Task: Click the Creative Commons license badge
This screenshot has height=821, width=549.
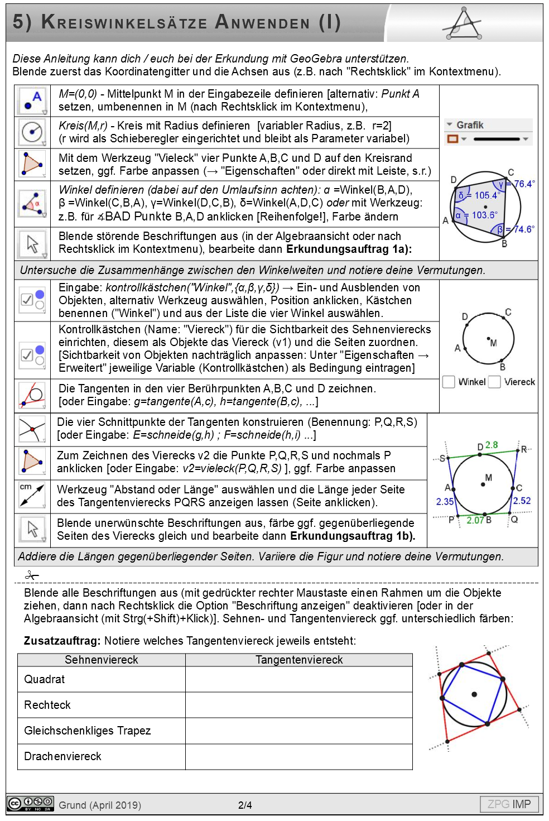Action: point(31,804)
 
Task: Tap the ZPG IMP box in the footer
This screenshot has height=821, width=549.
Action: point(509,804)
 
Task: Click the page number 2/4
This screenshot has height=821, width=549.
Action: point(245,805)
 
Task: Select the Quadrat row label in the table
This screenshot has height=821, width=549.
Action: point(45,679)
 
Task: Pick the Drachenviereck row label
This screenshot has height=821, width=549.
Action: point(62,756)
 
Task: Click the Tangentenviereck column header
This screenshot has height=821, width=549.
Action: point(299,660)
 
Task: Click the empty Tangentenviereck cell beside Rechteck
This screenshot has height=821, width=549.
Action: point(299,705)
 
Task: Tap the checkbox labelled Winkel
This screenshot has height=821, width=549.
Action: point(449,382)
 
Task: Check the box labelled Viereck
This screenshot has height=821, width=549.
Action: point(494,382)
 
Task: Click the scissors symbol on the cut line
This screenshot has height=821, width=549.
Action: point(32,575)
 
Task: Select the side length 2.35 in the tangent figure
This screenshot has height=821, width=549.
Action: point(445,502)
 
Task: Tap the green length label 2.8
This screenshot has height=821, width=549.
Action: point(492,445)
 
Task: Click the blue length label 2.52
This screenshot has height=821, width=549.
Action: point(522,501)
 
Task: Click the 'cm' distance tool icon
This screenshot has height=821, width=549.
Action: point(32,496)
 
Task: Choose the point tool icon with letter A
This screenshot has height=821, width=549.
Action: point(32,100)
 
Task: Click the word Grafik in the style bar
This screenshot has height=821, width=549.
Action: point(470,125)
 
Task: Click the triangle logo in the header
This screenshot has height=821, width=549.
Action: point(463,23)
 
